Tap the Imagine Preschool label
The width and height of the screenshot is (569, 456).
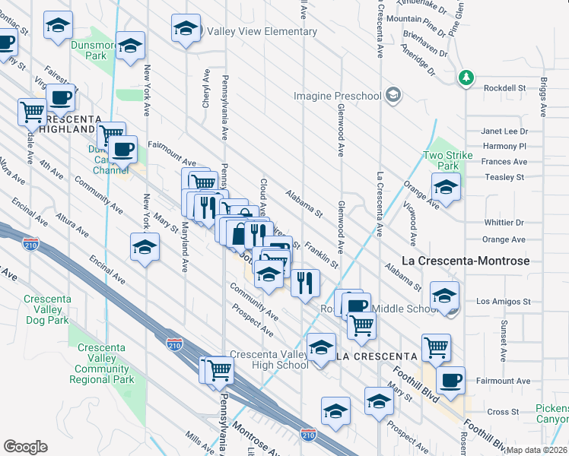coord(338,96)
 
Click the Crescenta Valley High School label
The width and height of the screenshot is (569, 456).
coord(269,359)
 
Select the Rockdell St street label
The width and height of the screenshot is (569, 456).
coord(505,88)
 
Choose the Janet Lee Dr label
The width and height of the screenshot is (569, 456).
coord(504,131)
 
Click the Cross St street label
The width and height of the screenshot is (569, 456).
coord(503,412)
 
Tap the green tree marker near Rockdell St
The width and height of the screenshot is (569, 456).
coord(466,78)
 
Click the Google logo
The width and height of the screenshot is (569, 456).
coord(25,447)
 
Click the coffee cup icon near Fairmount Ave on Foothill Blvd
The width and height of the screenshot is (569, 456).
coord(450,379)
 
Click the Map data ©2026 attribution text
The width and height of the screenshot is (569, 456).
coord(536,450)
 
